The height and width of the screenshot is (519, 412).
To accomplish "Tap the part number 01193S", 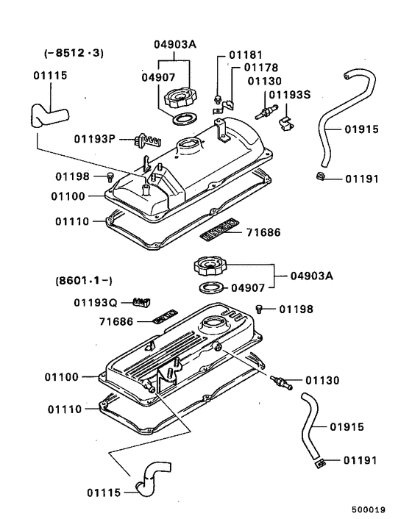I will point(290,95).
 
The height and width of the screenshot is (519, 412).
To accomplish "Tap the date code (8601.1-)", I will point(79,281).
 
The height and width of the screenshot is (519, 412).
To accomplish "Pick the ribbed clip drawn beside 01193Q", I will point(141,301).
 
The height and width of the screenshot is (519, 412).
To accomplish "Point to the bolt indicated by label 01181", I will point(218,98).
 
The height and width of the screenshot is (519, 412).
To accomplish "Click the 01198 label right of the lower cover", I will point(296,309).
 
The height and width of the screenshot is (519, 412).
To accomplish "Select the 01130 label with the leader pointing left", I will point(322,381).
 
